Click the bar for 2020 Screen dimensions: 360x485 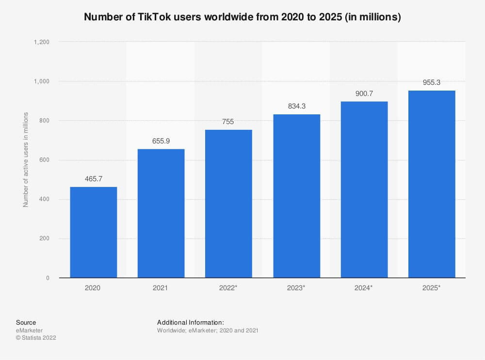[93, 233]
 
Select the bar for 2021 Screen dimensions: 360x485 [161, 214]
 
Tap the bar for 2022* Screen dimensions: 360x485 [228, 204]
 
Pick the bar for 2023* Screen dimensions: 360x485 [296, 196]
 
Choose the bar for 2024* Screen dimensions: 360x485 [364, 189]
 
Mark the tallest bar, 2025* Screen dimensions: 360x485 [432, 184]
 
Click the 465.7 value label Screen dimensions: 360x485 [93, 179]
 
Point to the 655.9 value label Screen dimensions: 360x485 [161, 141]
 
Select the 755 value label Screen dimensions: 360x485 [228, 122]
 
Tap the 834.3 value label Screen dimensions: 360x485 [296, 106]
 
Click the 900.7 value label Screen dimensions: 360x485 [364, 93]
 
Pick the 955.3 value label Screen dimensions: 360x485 [432, 82]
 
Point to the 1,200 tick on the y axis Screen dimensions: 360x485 [42, 42]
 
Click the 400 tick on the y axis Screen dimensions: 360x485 [45, 200]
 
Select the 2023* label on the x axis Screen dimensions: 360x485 [296, 288]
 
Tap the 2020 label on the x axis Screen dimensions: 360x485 [93, 288]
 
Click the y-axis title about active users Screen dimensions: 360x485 [26, 160]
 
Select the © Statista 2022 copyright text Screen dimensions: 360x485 [36, 338]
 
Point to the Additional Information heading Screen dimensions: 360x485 [191, 322]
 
